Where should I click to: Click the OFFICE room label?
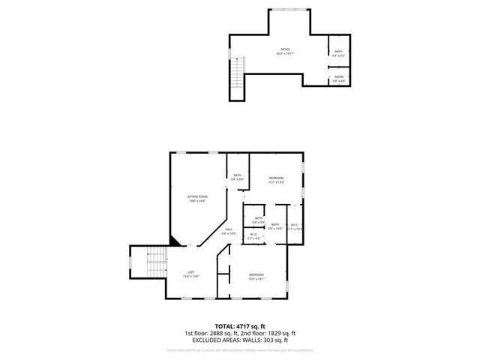pyautogui.click(x=285, y=52)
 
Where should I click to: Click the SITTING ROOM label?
pyautogui.click(x=197, y=198)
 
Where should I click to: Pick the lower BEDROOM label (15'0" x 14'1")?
pyautogui.click(x=256, y=276)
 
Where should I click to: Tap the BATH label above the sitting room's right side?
pyautogui.click(x=237, y=177)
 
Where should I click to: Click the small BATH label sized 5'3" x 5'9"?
pyautogui.click(x=259, y=220)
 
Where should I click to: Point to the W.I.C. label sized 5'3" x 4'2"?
pyautogui.click(x=253, y=236)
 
